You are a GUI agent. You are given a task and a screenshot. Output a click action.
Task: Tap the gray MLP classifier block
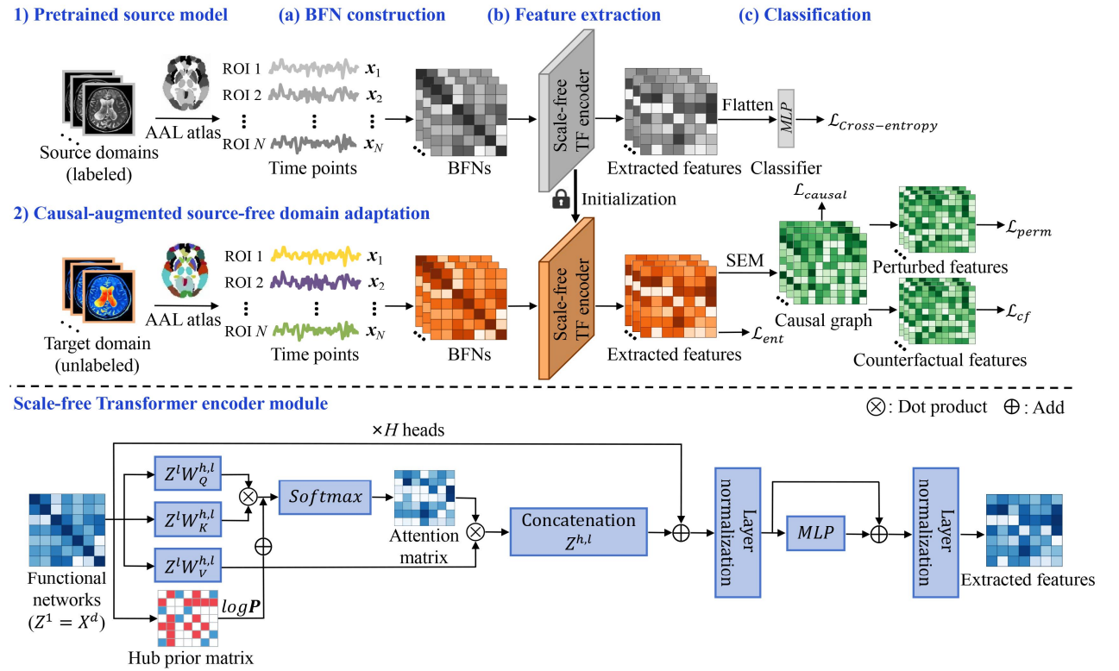[785, 111]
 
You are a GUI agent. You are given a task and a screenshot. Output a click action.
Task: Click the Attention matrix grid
[423, 499]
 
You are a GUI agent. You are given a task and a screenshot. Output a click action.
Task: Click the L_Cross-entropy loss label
[880, 125]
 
